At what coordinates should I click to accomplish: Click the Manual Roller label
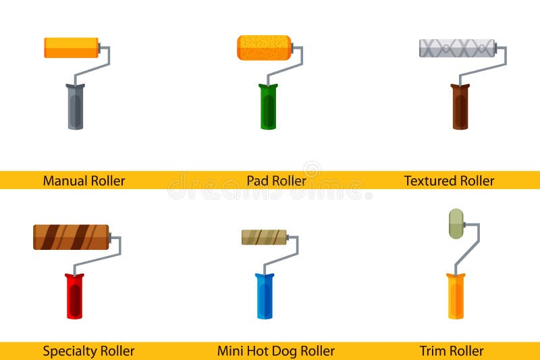tap(84, 181)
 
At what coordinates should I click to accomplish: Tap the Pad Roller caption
tap(276, 181)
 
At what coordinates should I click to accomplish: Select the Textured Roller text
tap(449, 181)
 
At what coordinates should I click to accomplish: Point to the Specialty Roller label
tap(88, 351)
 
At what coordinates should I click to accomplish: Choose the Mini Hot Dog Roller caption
tap(275, 351)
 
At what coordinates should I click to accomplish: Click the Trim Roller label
tap(452, 351)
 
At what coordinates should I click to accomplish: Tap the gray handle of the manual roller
tap(75, 108)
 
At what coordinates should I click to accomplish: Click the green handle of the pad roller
tap(268, 108)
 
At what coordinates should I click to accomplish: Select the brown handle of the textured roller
tap(460, 108)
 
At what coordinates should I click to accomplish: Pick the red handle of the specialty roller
tap(74, 297)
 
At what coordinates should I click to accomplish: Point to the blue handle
tap(264, 297)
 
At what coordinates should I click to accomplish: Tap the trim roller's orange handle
tap(456, 297)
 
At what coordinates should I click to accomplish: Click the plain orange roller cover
tap(71, 48)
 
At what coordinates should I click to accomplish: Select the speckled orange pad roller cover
tap(264, 48)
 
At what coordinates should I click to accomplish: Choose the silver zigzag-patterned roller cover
tap(457, 48)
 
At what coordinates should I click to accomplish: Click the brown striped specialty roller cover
tap(71, 237)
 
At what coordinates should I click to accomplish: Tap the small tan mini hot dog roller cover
tap(264, 237)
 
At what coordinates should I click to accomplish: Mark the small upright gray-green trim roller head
tap(456, 224)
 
